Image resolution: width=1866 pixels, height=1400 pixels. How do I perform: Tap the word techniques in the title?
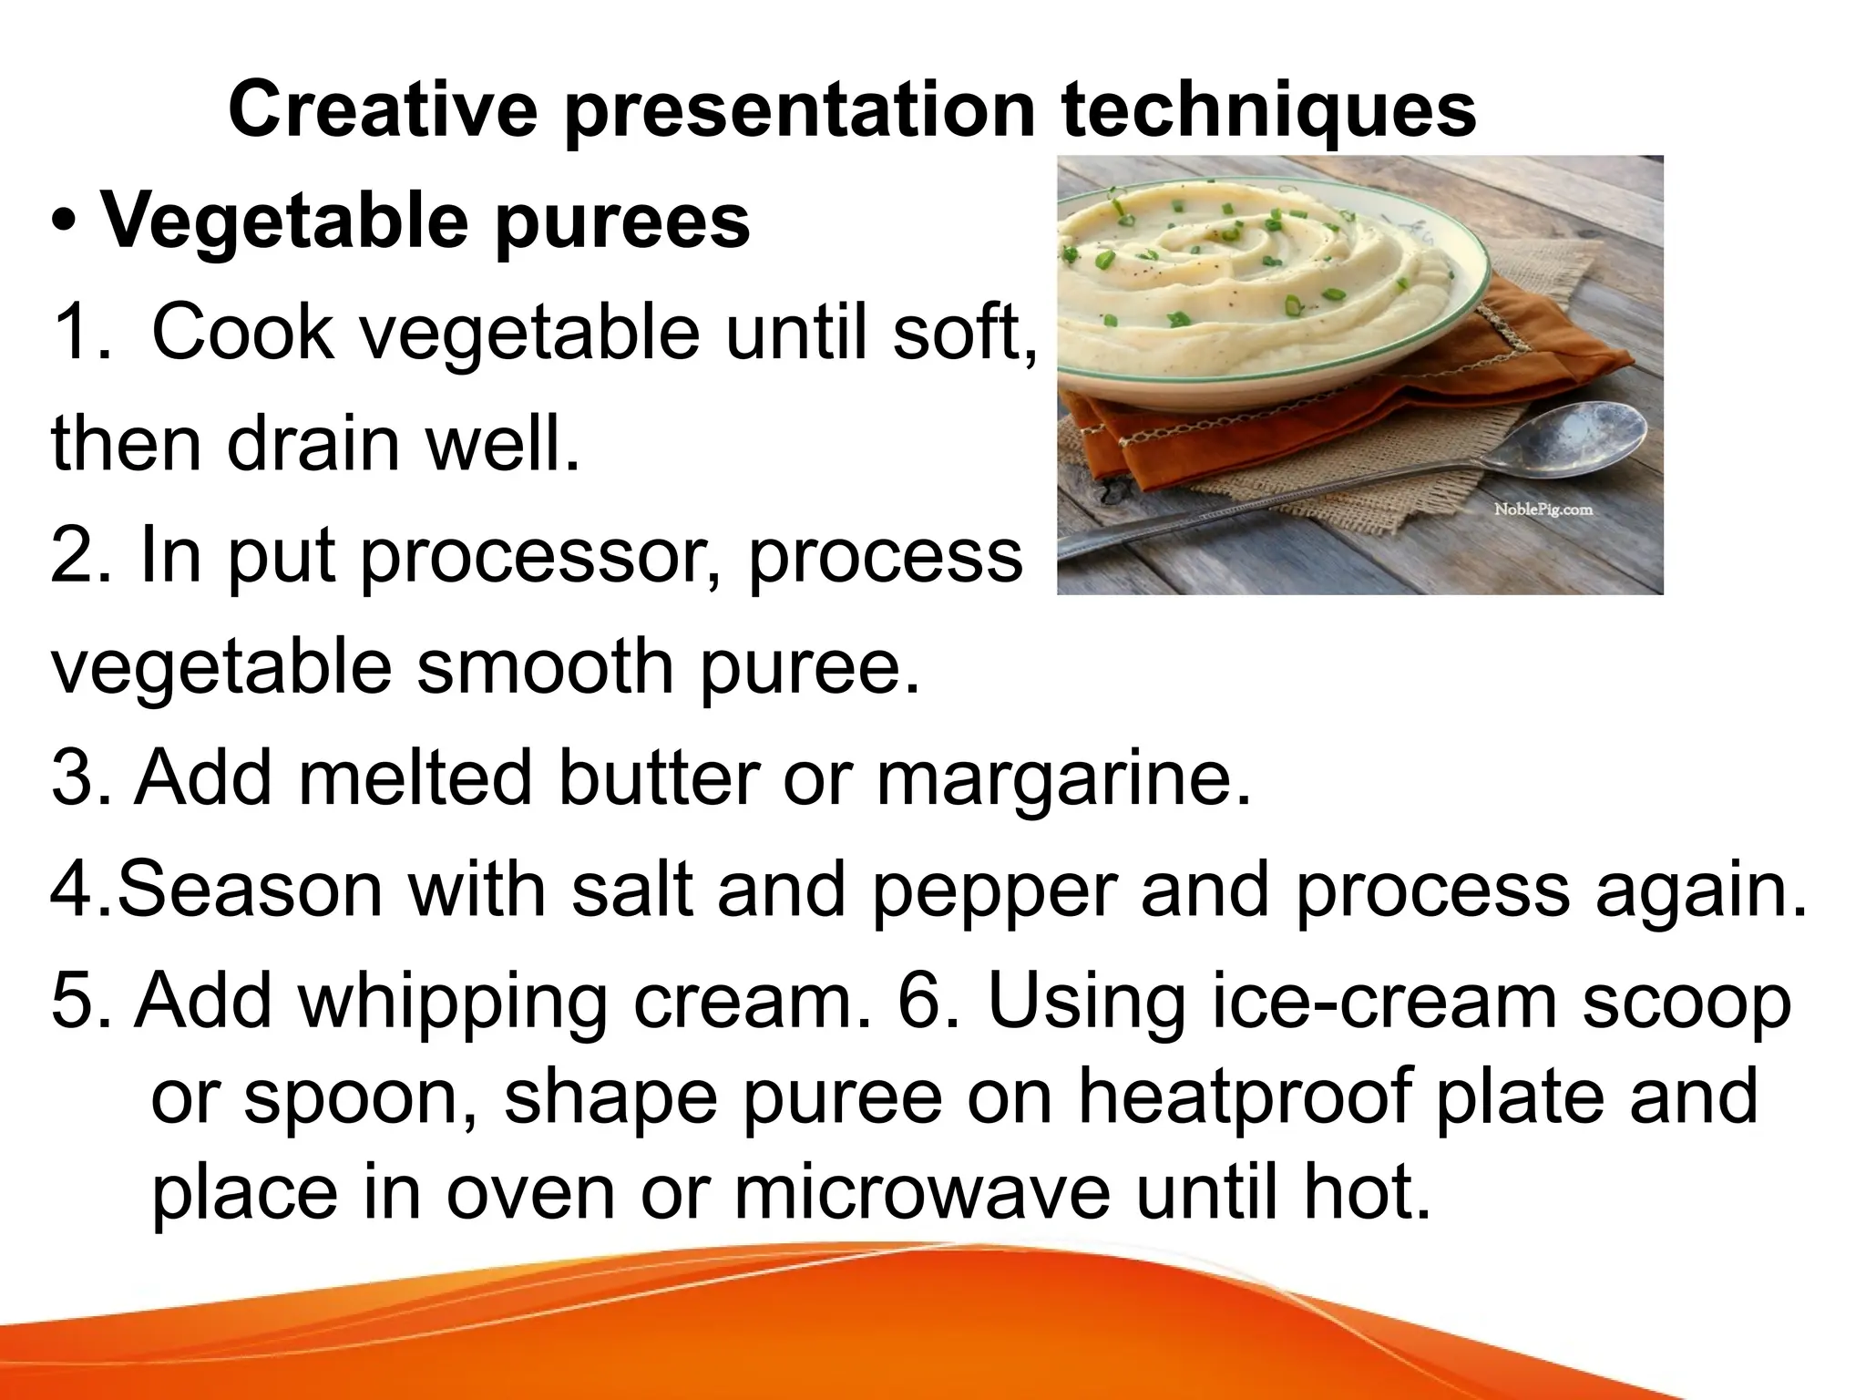(1268, 111)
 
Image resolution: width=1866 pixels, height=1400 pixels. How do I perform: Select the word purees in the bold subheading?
(622, 224)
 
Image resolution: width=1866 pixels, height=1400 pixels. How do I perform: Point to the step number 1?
(80, 334)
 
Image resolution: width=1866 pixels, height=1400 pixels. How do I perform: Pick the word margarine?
(1062, 780)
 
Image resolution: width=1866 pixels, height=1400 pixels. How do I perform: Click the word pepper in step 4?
(994, 891)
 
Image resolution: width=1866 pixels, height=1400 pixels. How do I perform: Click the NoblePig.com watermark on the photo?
(1543, 510)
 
